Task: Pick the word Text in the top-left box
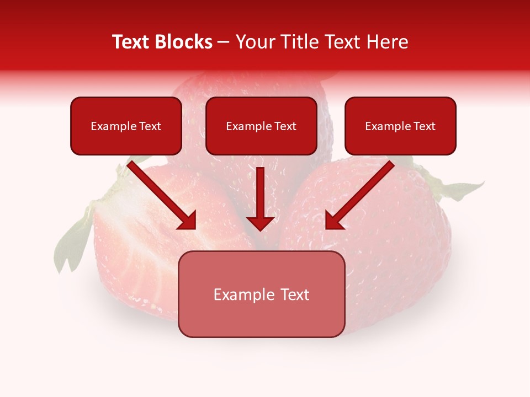150,126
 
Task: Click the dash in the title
224,42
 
